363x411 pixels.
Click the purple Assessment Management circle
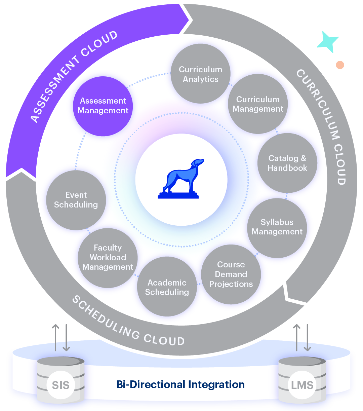click(103, 106)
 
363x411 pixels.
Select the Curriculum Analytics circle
click(201, 74)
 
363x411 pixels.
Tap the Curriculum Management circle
click(258, 104)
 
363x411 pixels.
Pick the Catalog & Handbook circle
click(287, 163)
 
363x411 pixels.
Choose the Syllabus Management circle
click(277, 227)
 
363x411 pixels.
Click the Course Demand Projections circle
click(231, 274)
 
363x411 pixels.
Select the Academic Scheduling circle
click(167, 287)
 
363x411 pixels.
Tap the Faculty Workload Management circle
click(108, 257)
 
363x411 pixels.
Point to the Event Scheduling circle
click(76, 200)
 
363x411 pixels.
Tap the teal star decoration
click(327, 42)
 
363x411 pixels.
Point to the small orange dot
click(340, 65)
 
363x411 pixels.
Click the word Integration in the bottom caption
click(216, 384)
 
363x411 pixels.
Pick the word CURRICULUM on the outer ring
click(318, 104)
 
